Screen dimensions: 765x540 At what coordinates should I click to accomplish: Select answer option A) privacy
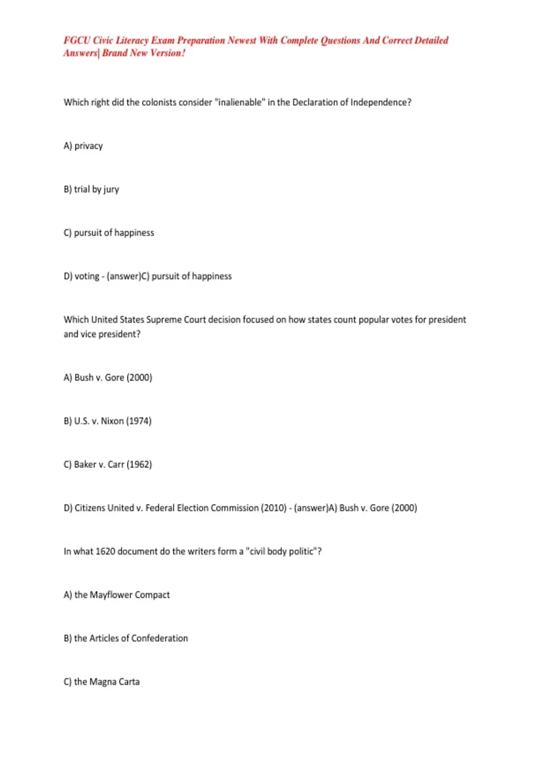pos(83,146)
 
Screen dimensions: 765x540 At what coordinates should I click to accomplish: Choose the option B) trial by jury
pos(91,189)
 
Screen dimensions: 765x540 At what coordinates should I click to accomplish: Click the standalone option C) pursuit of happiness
pos(109,233)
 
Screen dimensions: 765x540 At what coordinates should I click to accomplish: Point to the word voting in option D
pos(87,276)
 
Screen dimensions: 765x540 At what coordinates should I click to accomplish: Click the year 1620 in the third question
pos(105,551)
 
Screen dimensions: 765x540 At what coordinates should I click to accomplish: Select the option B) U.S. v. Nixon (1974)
pos(108,421)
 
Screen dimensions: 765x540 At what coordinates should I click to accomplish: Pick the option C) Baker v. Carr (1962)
pos(108,464)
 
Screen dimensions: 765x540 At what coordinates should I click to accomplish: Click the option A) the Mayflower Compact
pos(117,595)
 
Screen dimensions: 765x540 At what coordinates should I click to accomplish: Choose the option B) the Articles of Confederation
pos(126,638)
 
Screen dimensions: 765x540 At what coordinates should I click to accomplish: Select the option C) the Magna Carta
pos(102,682)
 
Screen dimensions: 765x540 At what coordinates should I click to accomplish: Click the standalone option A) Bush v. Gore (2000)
pos(108,378)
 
